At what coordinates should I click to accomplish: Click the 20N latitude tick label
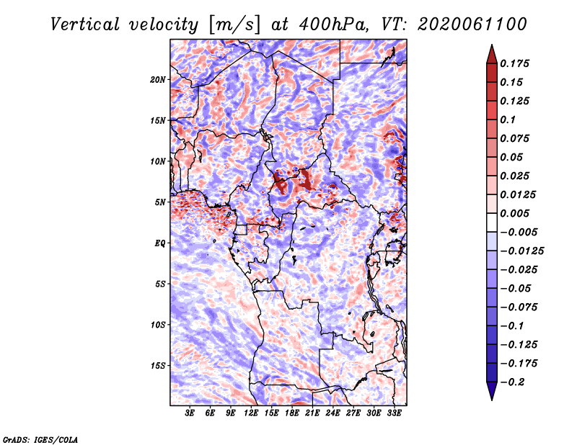tap(159, 79)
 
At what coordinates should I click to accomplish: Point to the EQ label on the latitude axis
tap(160, 243)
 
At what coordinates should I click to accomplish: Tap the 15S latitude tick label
tap(159, 365)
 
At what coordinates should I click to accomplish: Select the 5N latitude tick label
tap(161, 202)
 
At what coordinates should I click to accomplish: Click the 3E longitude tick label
tap(190, 413)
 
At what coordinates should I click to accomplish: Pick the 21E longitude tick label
tap(312, 413)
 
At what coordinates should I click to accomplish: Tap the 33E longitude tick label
tap(394, 413)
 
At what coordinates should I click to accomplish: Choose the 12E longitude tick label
tap(252, 413)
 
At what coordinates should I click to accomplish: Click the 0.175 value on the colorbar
tap(516, 63)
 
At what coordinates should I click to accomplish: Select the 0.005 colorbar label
tap(516, 213)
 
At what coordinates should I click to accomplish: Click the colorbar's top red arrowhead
tap(491, 53)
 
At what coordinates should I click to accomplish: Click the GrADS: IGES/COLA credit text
tap(40, 439)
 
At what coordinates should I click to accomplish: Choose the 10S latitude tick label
tap(159, 324)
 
